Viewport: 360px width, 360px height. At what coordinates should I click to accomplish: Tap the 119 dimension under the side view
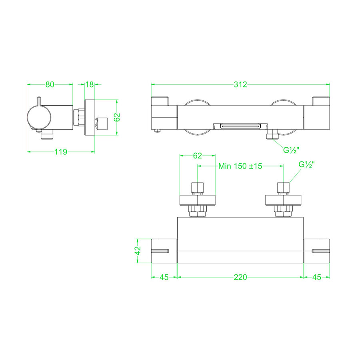pos(60,152)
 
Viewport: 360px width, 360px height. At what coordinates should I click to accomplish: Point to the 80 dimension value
pos(50,84)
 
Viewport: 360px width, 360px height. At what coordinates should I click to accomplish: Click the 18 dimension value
pos(90,84)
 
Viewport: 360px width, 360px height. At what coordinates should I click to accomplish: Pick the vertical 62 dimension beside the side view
pos(117,117)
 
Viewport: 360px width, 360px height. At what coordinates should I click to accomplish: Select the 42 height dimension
pos(138,251)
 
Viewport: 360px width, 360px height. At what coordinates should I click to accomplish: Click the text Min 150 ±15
pos(240,166)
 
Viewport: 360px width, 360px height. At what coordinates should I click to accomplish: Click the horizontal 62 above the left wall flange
pos(198,156)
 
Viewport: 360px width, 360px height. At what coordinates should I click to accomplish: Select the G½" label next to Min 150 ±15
pos(307,165)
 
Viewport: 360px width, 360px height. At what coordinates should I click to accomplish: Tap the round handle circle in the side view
pos(39,118)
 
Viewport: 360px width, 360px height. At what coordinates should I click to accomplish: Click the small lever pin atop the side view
pos(39,100)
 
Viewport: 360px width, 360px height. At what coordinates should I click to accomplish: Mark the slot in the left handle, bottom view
pos(160,251)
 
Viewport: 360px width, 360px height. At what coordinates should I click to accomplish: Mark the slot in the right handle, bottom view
pos(320,251)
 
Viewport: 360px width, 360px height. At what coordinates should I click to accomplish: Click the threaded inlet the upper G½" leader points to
pos(283,188)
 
